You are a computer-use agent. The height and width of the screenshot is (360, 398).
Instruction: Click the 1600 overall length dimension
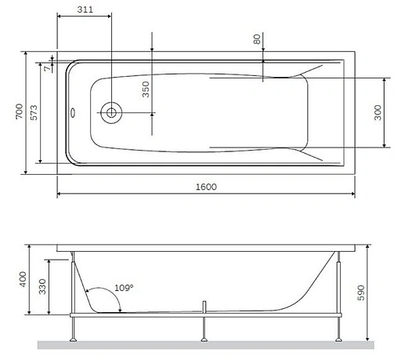click(x=206, y=187)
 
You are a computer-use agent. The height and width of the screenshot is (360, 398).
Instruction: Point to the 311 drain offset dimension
click(x=88, y=9)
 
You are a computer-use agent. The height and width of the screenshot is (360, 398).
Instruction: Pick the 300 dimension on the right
click(x=378, y=112)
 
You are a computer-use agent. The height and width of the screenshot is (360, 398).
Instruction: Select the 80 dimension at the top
click(x=257, y=38)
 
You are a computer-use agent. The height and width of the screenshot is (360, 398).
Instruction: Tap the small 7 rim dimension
click(x=48, y=68)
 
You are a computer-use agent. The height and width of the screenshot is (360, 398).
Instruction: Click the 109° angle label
click(x=124, y=288)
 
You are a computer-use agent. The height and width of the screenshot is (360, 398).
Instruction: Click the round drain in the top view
click(x=110, y=112)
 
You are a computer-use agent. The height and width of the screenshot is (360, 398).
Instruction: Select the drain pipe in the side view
click(x=203, y=305)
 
